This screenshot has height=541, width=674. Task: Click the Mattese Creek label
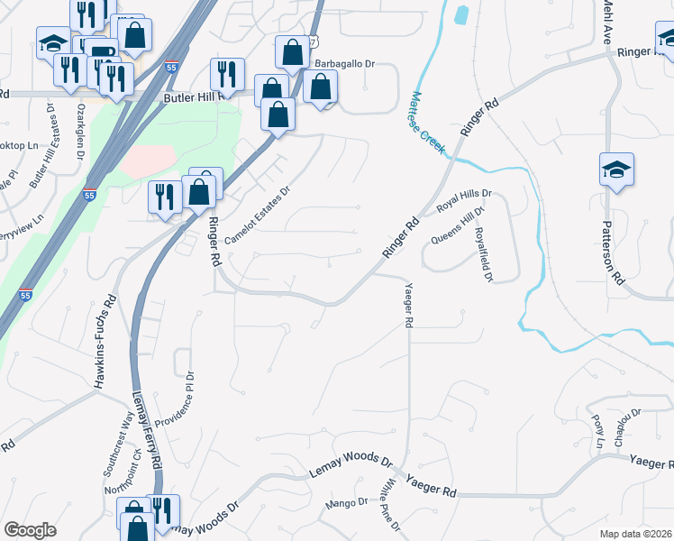point(429,122)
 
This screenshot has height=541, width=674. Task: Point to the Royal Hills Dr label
point(463,200)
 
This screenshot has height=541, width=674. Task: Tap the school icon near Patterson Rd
point(617,169)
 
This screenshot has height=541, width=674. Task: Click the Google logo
point(30,530)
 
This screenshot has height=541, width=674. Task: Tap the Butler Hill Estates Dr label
point(42,144)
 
